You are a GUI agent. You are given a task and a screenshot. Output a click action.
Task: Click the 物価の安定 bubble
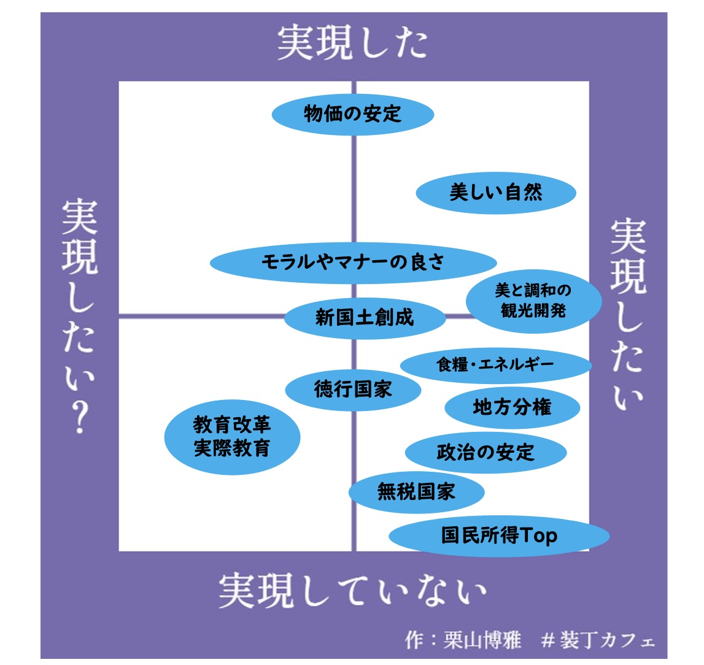(353, 114)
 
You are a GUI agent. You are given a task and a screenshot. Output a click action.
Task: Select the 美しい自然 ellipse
(496, 193)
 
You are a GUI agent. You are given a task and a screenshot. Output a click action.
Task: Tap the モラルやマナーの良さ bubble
(353, 263)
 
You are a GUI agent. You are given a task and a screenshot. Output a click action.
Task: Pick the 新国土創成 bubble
(365, 317)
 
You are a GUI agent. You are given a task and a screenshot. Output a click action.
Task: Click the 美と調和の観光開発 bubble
(533, 301)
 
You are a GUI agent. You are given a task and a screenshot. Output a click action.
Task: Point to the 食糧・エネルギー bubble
(496, 365)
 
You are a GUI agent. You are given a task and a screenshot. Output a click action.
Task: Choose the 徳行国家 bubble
(353, 389)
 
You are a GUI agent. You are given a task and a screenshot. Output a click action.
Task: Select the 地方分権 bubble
(512, 407)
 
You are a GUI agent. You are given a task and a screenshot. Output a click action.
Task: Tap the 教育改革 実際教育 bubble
(232, 436)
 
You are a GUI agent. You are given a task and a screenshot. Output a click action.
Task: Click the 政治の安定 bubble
(485, 453)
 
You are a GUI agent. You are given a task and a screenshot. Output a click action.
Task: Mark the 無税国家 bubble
(416, 491)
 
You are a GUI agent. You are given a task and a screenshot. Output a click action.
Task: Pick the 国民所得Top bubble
(499, 536)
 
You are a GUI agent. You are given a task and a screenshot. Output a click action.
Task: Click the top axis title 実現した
(352, 43)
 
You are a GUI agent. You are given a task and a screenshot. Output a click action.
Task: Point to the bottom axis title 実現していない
(353, 591)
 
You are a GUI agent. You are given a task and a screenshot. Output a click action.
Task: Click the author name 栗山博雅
(482, 640)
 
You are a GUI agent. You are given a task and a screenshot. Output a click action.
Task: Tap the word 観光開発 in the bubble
(533, 310)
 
